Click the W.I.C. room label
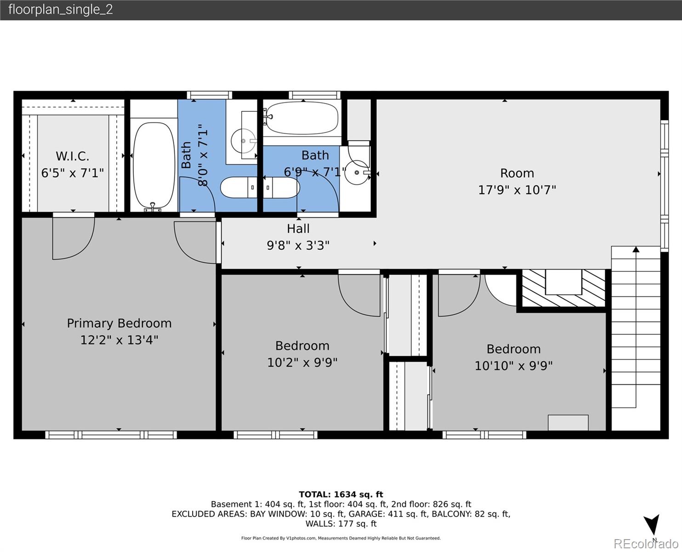click(72, 156)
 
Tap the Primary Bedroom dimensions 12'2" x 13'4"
click(119, 339)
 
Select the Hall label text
click(298, 229)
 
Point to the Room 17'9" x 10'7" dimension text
click(517, 190)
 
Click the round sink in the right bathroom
click(357, 172)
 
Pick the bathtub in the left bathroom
click(153, 166)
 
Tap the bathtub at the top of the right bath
click(301, 118)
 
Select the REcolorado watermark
click(646, 544)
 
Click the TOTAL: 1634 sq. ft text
click(341, 494)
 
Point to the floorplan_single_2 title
click(61, 10)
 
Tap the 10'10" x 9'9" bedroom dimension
click(514, 366)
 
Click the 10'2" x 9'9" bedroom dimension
click(302, 362)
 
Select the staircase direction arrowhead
click(636, 249)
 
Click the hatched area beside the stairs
click(563, 287)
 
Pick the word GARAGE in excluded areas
click(367, 514)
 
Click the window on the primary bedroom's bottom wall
click(111, 435)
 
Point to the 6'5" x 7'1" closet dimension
click(72, 173)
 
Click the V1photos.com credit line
click(341, 538)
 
